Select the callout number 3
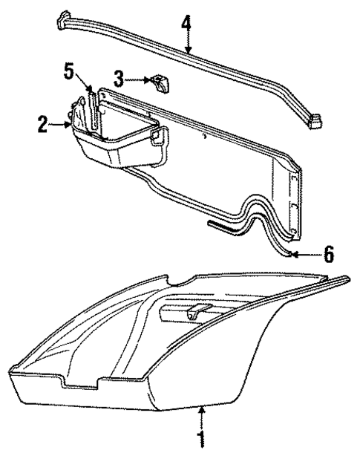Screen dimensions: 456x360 coord(118,77)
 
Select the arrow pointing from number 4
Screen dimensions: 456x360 coord(188,43)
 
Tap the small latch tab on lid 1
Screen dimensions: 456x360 coord(196,312)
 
